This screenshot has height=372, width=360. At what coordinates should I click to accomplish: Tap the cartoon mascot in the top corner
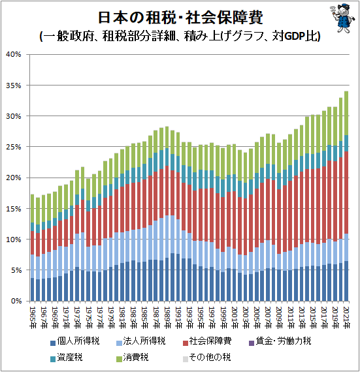point(340,16)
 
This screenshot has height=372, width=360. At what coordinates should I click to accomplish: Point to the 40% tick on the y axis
point(14,54)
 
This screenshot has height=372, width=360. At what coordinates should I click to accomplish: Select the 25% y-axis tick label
point(14,147)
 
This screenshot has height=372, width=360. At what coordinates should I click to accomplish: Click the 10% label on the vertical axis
point(14,240)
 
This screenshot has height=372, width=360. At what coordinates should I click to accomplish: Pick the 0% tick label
point(16,301)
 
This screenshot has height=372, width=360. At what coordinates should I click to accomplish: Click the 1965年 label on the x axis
point(32,315)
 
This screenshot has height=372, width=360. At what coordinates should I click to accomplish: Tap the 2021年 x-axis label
point(346,315)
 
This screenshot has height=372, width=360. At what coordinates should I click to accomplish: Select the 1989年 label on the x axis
point(167,315)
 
